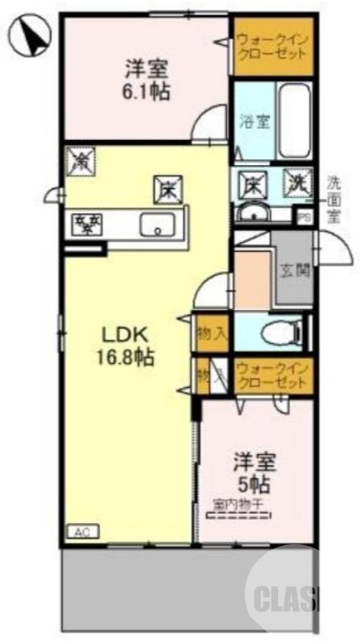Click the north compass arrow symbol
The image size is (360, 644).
pos(30,36)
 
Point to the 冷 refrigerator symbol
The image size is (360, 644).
pos(81,160)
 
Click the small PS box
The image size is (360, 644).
pos(304,217)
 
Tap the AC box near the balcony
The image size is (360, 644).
pos(80,532)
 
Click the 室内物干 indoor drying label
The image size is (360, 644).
pos(242,506)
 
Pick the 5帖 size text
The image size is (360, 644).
pos(253,485)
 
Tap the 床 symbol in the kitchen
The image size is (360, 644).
pos(168,189)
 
